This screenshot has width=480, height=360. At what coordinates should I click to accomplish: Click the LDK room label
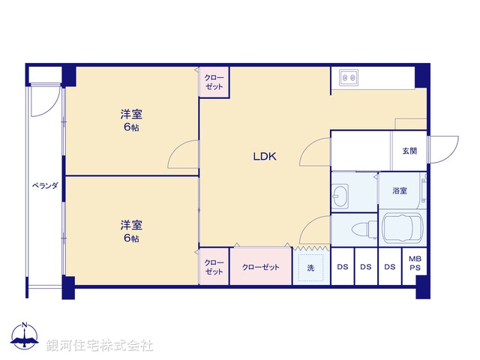pyautogui.click(x=265, y=157)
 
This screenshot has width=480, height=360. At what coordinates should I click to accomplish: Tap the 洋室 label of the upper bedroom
pyautogui.click(x=132, y=115)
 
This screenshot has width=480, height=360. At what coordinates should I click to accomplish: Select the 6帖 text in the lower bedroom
pyautogui.click(x=132, y=238)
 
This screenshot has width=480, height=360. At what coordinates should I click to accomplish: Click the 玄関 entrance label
pyautogui.click(x=409, y=151)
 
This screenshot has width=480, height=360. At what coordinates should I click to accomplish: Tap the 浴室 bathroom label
pyautogui.click(x=400, y=190)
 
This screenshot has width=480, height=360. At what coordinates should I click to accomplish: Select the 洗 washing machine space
pyautogui.click(x=310, y=267)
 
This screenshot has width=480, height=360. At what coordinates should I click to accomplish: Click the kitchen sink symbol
pyautogui.click(x=349, y=76)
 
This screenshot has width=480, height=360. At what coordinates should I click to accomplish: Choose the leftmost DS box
pyautogui.click(x=342, y=267)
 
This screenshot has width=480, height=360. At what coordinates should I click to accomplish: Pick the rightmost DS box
pyautogui.click(x=389, y=267)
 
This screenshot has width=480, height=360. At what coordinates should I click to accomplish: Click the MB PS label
pyautogui.click(x=415, y=263)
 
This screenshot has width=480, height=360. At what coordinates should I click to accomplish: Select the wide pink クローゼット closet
pyautogui.click(x=260, y=267)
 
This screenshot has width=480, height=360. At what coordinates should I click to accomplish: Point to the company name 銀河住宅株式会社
pyautogui.click(x=100, y=345)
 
